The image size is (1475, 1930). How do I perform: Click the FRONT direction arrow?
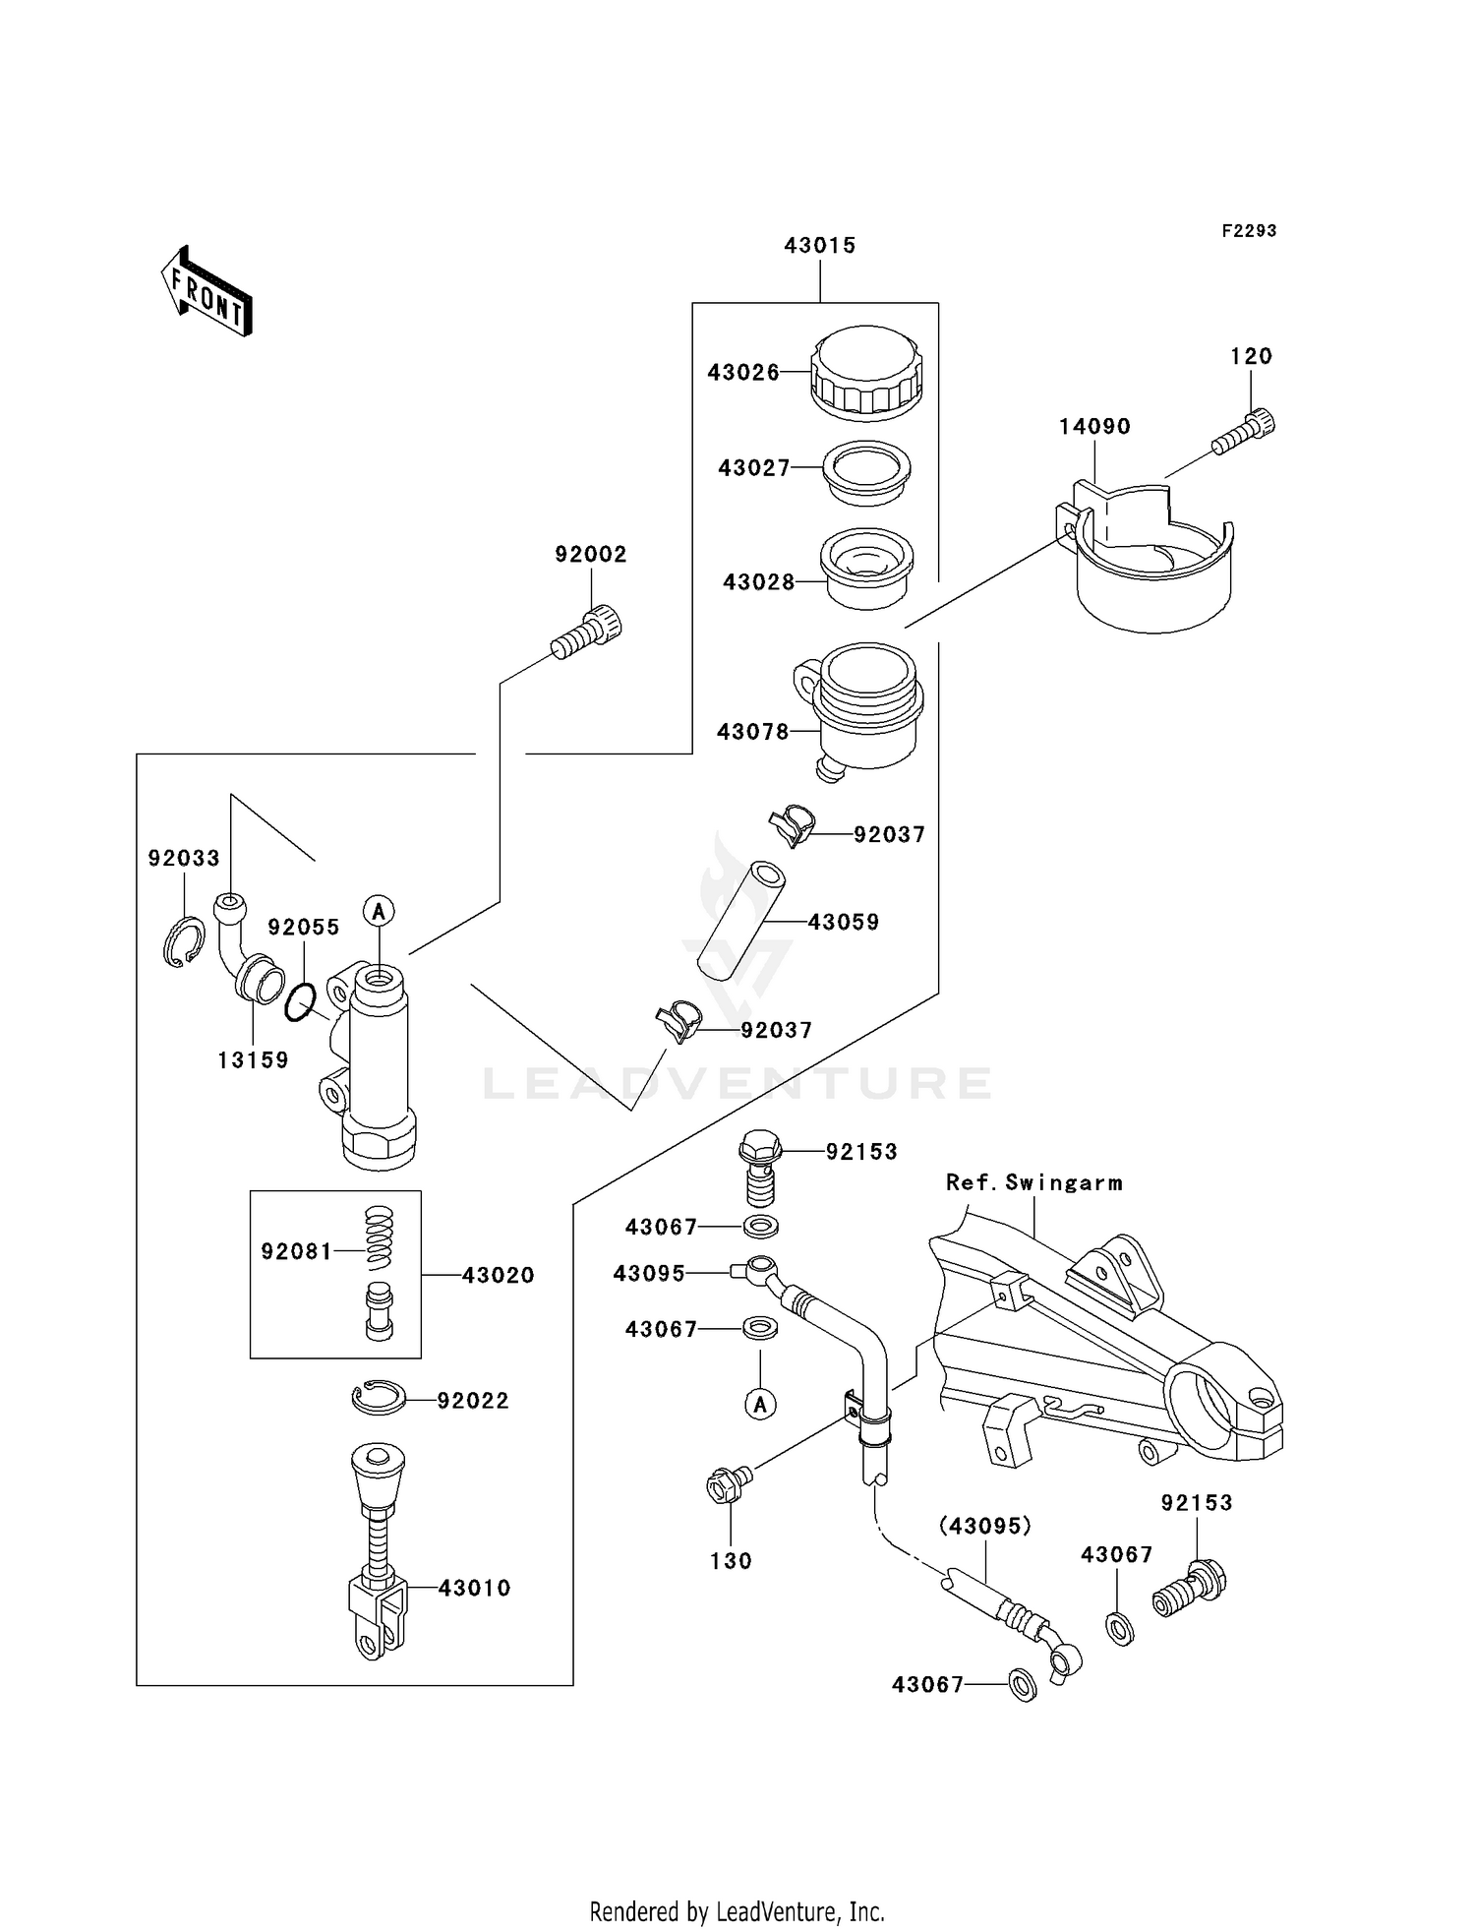point(207,291)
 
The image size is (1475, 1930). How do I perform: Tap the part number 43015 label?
point(819,246)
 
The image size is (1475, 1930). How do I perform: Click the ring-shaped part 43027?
point(866,473)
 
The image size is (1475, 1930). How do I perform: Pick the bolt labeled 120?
point(1245,432)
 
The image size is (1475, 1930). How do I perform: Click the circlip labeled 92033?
point(183,940)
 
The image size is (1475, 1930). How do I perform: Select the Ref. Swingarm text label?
point(1033,1182)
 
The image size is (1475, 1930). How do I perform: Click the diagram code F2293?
point(1249,231)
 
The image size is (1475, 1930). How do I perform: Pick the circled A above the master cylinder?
point(379,911)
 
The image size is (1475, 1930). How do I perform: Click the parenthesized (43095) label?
point(984,1526)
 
